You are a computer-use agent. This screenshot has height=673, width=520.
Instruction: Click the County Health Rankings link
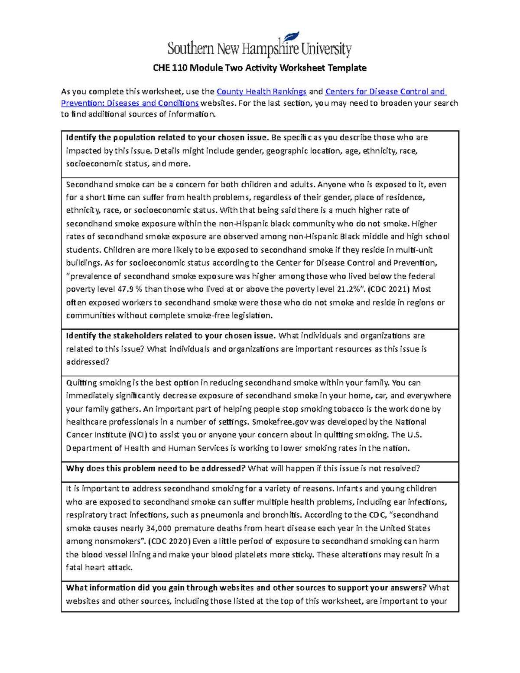tap(261, 91)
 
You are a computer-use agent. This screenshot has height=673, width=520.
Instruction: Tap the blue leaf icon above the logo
tap(291, 36)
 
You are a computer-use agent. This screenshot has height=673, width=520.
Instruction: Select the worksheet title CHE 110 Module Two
tap(260, 68)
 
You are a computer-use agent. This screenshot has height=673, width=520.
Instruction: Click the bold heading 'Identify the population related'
tap(167, 138)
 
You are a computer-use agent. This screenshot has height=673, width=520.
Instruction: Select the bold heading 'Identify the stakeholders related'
tap(170, 336)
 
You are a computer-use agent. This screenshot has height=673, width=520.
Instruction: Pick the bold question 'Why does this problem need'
tap(156, 468)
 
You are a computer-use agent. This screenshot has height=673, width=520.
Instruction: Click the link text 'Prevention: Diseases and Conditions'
tap(130, 103)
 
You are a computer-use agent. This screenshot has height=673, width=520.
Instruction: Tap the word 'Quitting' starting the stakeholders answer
tap(81, 383)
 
